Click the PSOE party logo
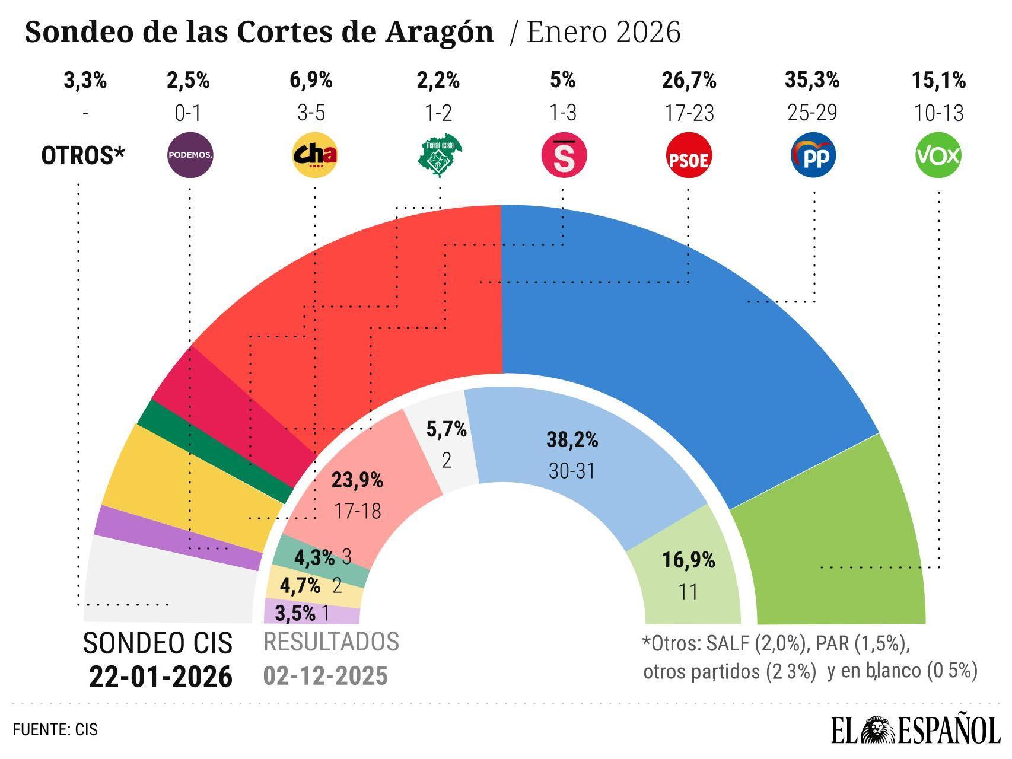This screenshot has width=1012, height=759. coord(689,156)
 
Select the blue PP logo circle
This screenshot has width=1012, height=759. coord(813,156)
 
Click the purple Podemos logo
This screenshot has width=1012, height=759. coord(190,156)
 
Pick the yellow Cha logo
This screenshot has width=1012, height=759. coord(315,156)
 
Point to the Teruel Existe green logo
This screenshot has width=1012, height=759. coord(440,155)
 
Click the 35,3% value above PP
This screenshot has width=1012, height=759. coord(812,79)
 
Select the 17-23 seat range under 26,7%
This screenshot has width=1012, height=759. coord(689,113)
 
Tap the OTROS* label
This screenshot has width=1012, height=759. coord(84,156)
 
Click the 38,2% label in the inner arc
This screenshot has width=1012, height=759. coord(572,440)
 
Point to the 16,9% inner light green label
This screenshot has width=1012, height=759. coord(689,560)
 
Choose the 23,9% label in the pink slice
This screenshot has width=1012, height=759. coord(357,480)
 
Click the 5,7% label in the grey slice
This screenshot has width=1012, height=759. coord(446,429)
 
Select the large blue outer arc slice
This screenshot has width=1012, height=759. coord(670,332)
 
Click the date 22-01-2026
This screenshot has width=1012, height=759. coord(161,677)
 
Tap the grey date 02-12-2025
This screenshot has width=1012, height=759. coord(326,675)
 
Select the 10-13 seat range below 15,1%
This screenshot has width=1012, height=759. coord(939,113)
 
